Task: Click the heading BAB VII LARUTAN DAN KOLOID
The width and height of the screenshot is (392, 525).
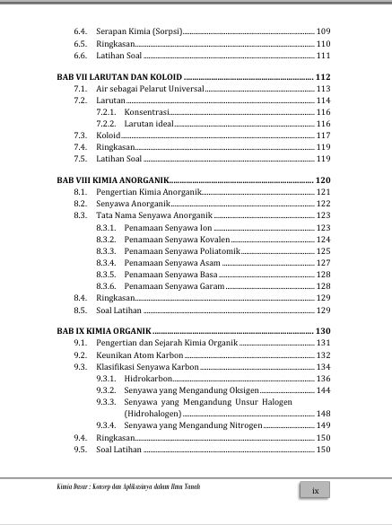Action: click(x=118, y=77)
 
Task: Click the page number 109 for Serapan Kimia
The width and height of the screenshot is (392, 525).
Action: click(x=323, y=32)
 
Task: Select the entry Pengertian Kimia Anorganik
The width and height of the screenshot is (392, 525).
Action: click(x=150, y=192)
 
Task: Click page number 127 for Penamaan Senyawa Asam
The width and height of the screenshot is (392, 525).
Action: click(x=323, y=262)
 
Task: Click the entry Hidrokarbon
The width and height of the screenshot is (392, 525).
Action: click(x=149, y=379)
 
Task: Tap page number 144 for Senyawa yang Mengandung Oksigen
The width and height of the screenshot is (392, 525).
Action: click(x=323, y=390)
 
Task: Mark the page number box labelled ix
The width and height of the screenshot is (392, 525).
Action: click(x=314, y=490)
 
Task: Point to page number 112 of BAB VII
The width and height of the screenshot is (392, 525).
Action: click(x=323, y=77)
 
